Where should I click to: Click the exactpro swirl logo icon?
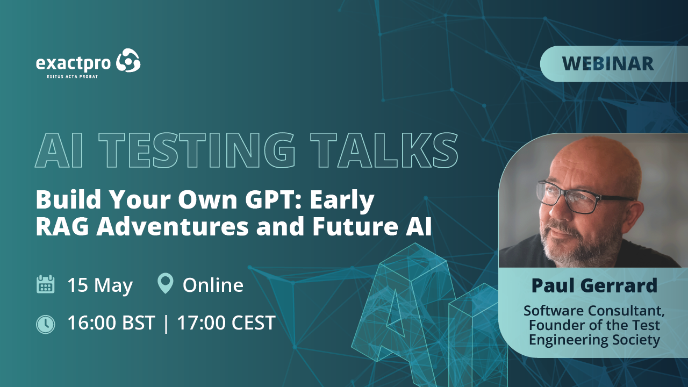[128, 61]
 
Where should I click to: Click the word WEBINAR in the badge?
[608, 64]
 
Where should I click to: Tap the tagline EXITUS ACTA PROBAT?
[72, 76]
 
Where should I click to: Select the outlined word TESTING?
[197, 150]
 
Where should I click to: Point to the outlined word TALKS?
[384, 150]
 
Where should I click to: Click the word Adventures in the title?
[173, 226]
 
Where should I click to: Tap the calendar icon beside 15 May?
[46, 284]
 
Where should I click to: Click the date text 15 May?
[100, 285]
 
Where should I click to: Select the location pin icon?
[165, 283]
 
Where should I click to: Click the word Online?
[213, 285]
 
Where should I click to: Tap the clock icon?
[46, 324]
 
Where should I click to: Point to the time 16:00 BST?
[111, 323]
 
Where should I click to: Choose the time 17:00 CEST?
[226, 323]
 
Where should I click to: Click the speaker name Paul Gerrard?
[594, 285]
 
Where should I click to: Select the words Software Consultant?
[594, 311]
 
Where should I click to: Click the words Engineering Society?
[594, 340]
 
